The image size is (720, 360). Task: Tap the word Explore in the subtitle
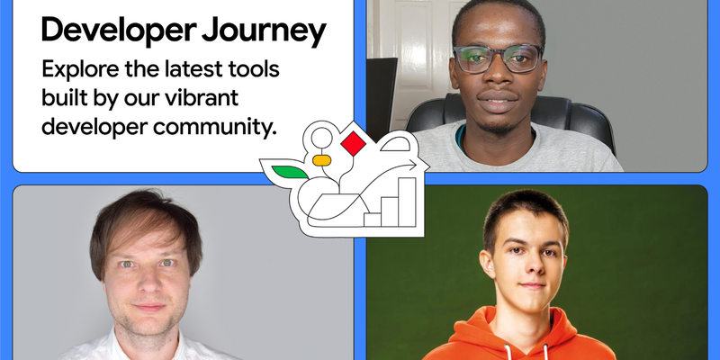coord(78,69)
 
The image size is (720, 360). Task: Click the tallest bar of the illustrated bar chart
coord(407,199)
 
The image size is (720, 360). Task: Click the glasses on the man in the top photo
coord(497,58)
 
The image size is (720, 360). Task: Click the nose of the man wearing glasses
coord(497,77)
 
